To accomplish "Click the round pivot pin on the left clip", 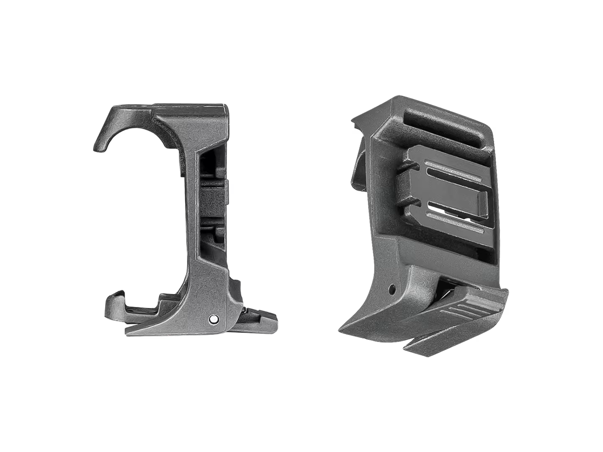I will pyautogui.click(x=214, y=319).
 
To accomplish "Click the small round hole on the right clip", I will pyautogui.click(x=392, y=288).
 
